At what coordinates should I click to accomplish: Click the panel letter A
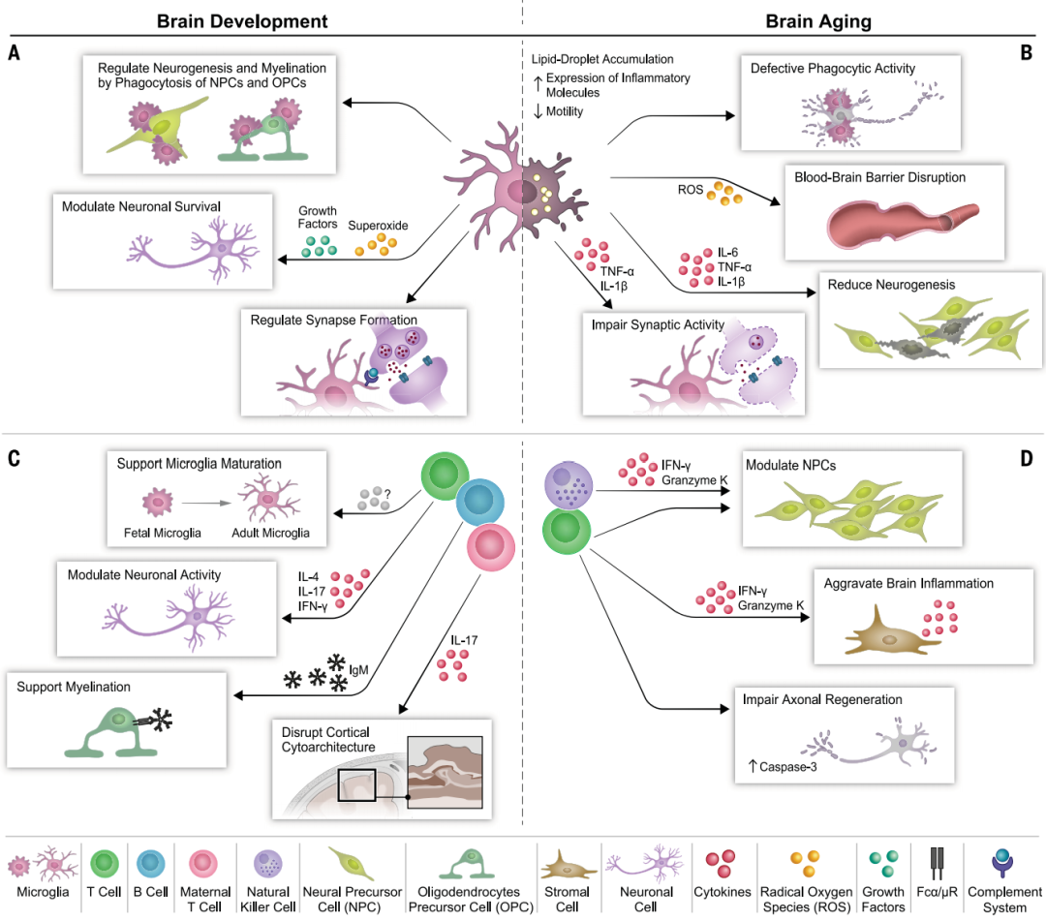[14, 53]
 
